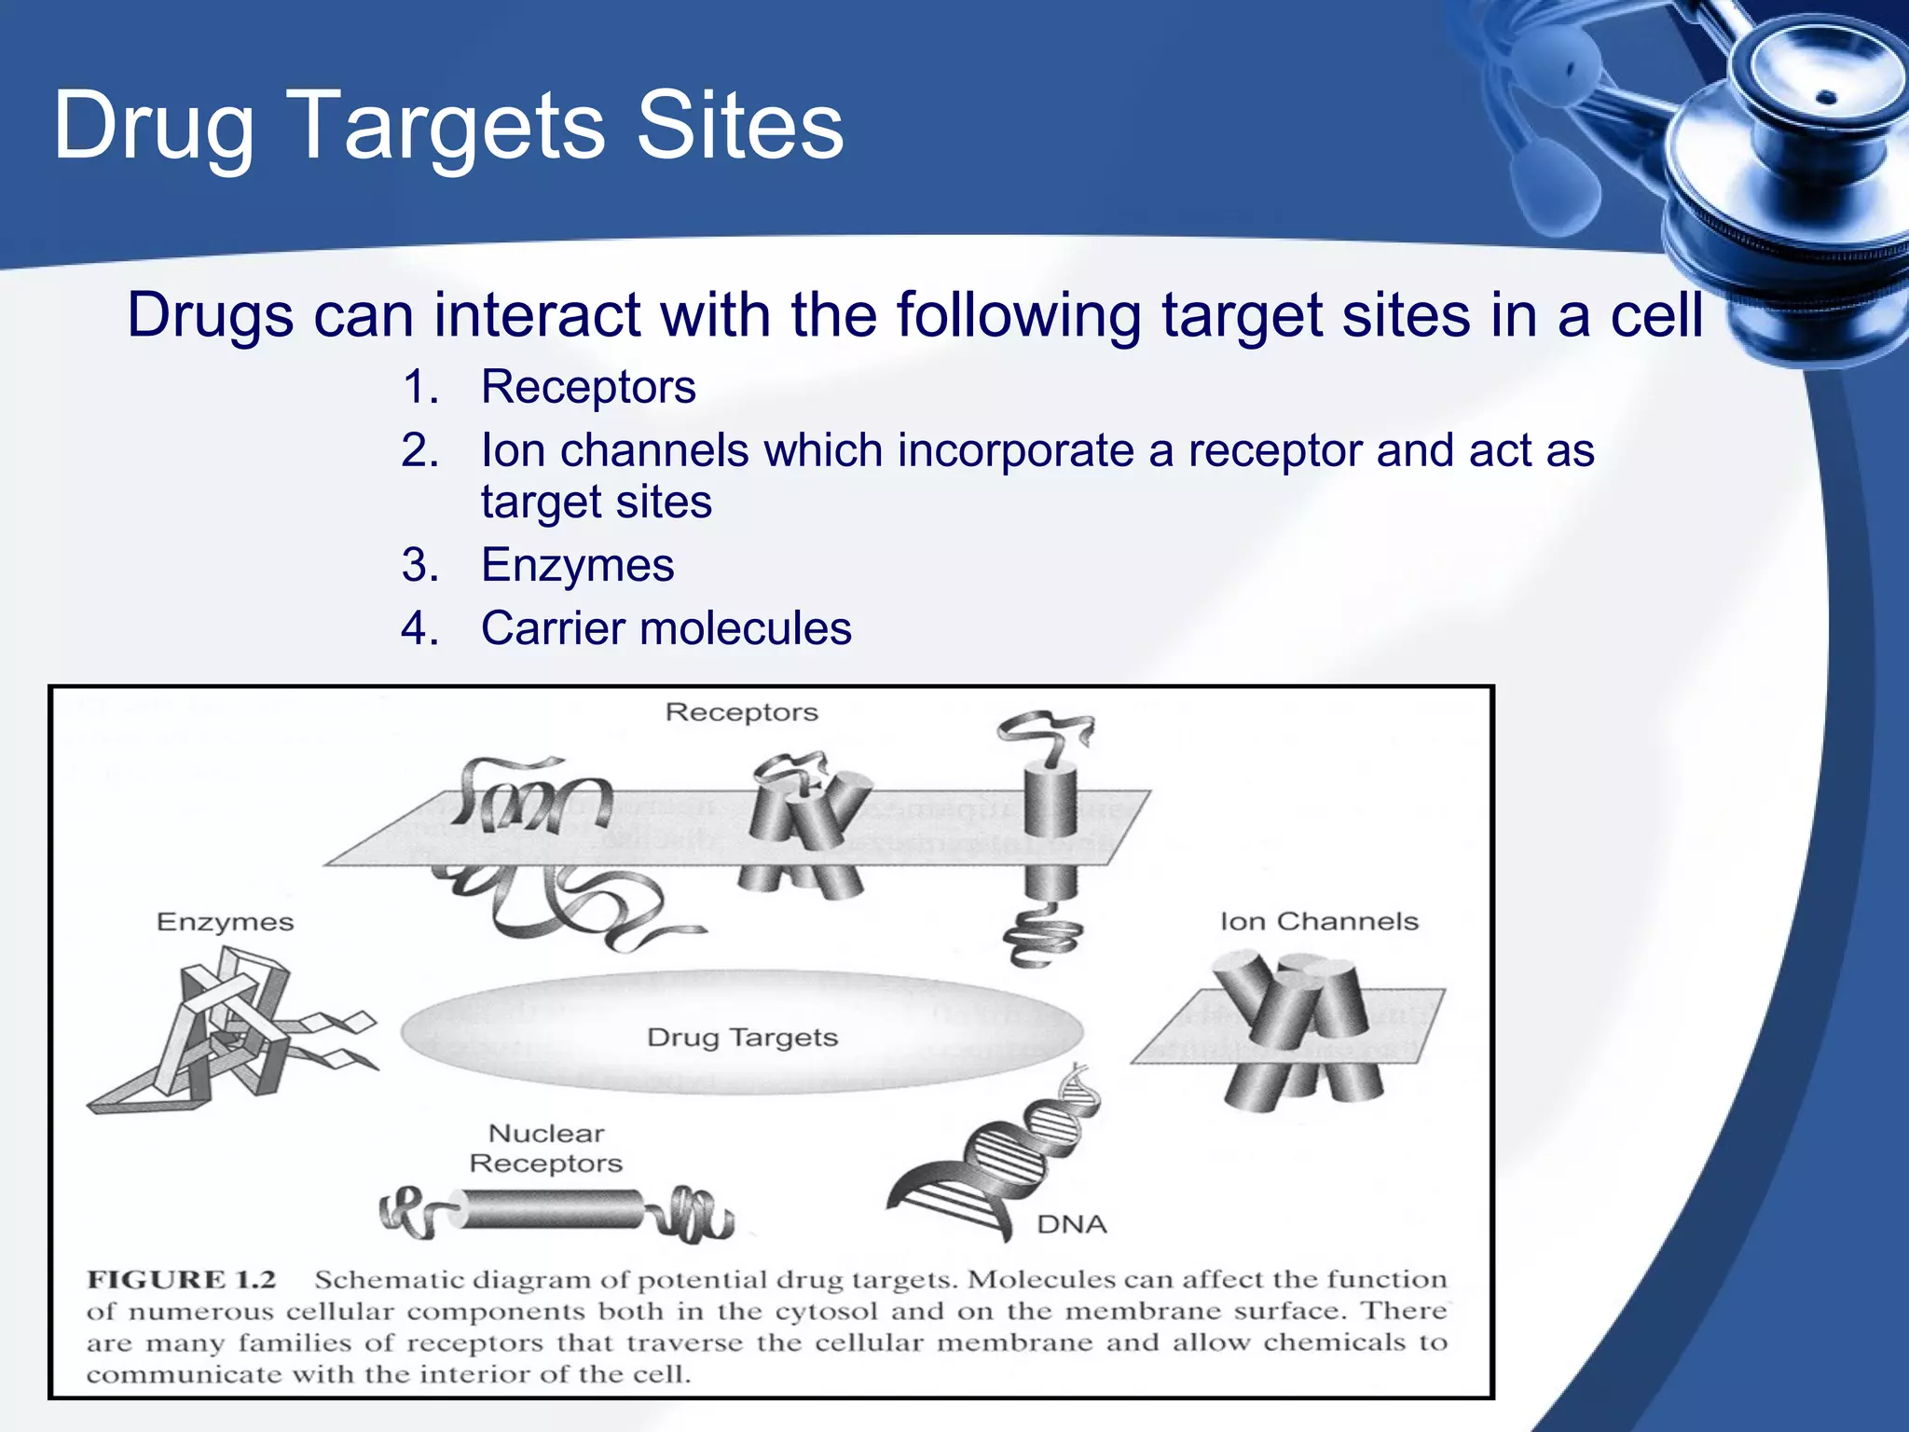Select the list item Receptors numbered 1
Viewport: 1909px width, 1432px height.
[x=587, y=387]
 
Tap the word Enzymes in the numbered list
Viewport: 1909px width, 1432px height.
[x=577, y=565]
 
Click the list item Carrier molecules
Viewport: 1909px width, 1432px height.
[x=666, y=628]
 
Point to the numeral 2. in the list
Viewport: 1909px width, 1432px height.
[x=420, y=451]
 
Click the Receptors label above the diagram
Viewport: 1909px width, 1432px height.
[x=741, y=712]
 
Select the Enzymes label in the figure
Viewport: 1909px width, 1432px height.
[x=225, y=922]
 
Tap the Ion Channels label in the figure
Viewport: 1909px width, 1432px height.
[x=1318, y=922]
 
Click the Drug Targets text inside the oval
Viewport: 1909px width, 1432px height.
[x=742, y=1038]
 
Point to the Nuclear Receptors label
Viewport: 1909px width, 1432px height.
[x=546, y=1149]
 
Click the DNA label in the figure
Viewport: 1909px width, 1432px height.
[x=1071, y=1224]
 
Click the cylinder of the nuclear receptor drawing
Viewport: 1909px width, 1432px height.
[x=550, y=1209]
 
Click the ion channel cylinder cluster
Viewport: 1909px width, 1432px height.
[x=1296, y=1026]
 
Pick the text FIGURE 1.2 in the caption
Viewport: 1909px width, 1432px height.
[x=182, y=1279]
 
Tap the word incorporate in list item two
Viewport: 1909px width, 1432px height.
[x=1016, y=451]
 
